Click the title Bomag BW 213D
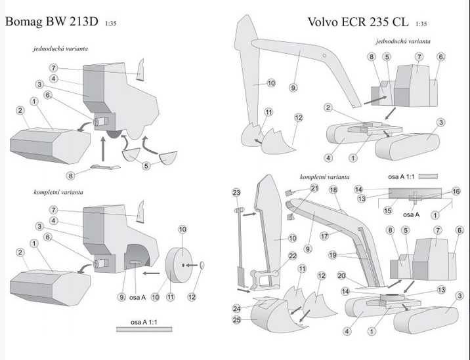click(52, 21)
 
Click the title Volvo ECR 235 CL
click(358, 22)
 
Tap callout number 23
click(236, 192)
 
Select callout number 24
click(236, 308)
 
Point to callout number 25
click(236, 319)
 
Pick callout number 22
click(293, 255)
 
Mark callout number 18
click(333, 190)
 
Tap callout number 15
click(388, 210)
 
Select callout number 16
click(456, 191)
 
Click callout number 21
click(314, 188)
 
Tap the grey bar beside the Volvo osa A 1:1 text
click(428, 176)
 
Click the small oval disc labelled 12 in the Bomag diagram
click(201, 265)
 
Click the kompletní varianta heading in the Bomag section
click(58, 192)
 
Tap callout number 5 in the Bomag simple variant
click(146, 166)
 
